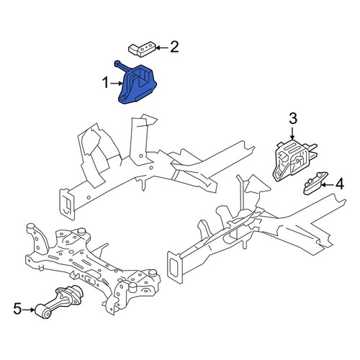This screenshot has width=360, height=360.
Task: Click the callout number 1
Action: coord(105,83)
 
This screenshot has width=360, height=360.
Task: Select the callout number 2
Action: coord(174,47)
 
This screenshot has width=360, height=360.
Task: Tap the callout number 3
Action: coord(293,119)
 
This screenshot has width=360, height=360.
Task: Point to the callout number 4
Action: coord(340,184)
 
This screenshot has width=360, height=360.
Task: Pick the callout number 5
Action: coord(17,309)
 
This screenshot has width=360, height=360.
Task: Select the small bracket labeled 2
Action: coord(142,49)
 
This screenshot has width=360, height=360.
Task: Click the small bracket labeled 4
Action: coord(315,183)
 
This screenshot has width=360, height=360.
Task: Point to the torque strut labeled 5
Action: coord(59,301)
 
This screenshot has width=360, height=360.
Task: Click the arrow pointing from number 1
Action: coord(117,84)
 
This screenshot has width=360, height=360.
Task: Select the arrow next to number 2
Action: coord(162,48)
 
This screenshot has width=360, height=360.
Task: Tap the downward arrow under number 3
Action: coord(292,133)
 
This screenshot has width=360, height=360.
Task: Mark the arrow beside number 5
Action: coord(29,310)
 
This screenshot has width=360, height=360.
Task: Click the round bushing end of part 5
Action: coord(43,311)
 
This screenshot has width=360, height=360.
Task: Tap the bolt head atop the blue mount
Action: coord(117,63)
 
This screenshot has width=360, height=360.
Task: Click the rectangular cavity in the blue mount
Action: coord(143,76)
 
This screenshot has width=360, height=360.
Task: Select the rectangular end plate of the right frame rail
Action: coord(174,267)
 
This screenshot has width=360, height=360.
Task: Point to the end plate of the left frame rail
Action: coord(67,204)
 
